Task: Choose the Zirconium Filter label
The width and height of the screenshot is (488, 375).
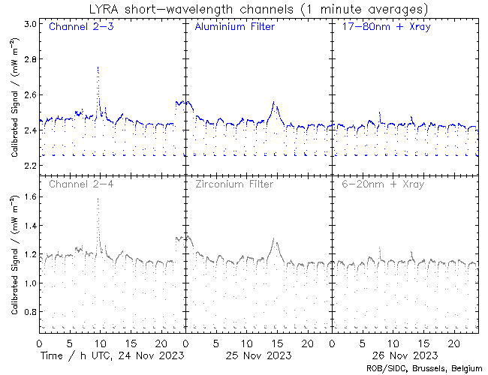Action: (234, 184)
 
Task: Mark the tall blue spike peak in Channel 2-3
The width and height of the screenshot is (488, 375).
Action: (98, 67)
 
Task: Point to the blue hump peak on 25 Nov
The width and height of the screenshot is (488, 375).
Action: (274, 102)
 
